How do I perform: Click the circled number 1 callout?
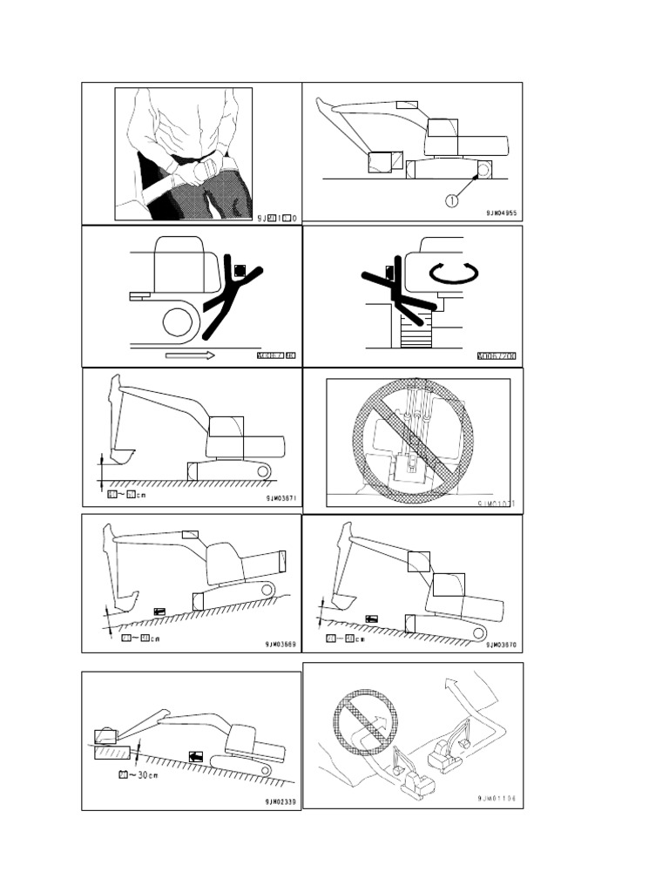[x=451, y=200]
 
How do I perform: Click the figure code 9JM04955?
[x=503, y=212]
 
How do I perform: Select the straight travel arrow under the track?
[x=189, y=355]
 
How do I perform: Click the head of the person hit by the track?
[x=240, y=271]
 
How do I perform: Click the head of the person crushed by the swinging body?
[x=390, y=272]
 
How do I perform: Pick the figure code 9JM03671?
[x=282, y=498]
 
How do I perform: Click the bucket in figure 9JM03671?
[x=123, y=455]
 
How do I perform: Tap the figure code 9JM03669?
[x=282, y=645]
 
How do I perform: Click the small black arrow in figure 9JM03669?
[x=159, y=612]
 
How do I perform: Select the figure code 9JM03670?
[x=503, y=645]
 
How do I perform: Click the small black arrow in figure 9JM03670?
[x=372, y=618]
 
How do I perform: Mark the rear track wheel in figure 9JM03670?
[x=476, y=633]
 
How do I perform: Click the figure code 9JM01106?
[x=503, y=798]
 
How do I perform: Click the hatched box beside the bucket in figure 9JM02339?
[x=112, y=752]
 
